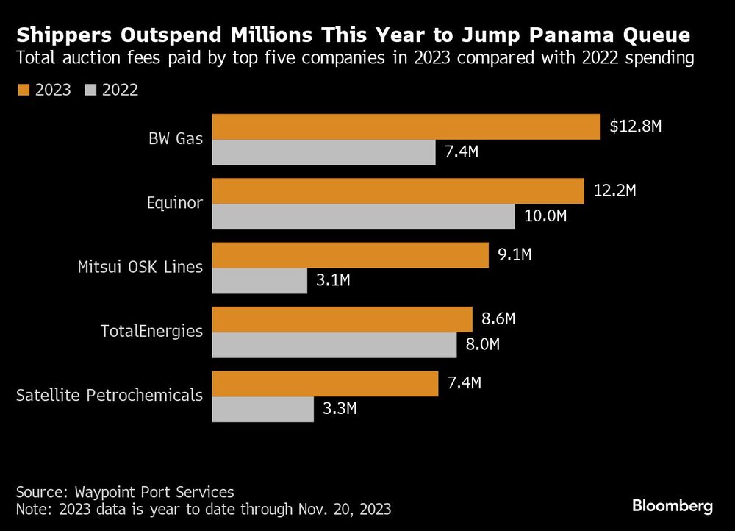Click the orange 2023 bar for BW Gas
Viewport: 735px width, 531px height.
[x=406, y=126]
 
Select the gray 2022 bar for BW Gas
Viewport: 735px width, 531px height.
[x=324, y=152]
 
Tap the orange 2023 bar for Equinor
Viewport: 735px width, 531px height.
[x=398, y=191]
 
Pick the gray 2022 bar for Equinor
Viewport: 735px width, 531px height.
[x=364, y=216]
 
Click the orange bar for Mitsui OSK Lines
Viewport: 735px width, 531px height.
[x=350, y=255]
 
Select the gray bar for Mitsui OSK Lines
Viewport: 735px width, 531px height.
[x=259, y=281]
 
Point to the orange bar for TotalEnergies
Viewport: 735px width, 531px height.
[x=342, y=319]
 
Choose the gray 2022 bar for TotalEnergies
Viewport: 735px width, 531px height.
[x=334, y=345]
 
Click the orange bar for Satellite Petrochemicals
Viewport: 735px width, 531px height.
[x=325, y=384]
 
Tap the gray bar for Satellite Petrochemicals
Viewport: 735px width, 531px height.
[x=263, y=410]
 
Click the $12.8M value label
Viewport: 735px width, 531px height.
[x=636, y=126]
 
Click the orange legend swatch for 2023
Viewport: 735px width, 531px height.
[x=21, y=90]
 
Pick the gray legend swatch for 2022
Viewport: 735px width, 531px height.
[x=92, y=90]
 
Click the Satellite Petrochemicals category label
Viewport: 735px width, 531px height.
[x=110, y=395]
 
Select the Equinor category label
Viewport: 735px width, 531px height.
[x=174, y=202]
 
